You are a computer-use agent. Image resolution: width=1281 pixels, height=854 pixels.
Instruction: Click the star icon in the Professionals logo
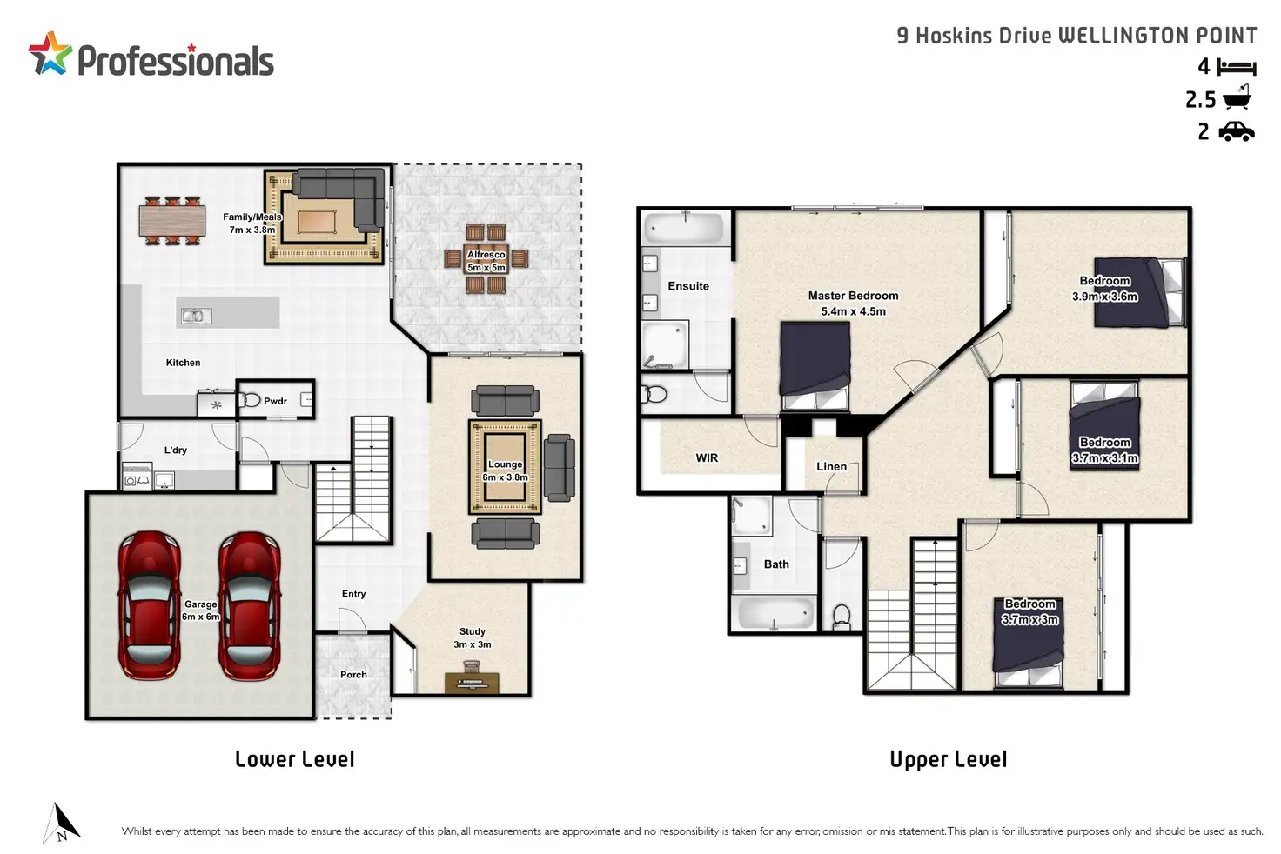click(x=50, y=54)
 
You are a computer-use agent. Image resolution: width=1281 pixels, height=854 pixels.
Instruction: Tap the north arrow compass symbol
click(x=62, y=824)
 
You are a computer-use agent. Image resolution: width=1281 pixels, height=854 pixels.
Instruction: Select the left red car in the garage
click(x=150, y=606)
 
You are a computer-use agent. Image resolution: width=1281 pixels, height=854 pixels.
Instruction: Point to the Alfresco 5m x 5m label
click(x=486, y=261)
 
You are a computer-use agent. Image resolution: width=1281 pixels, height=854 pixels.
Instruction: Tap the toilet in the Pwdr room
click(x=250, y=399)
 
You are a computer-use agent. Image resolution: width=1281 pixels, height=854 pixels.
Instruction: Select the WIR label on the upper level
click(x=707, y=457)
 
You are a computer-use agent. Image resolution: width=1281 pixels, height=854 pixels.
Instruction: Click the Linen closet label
click(x=831, y=466)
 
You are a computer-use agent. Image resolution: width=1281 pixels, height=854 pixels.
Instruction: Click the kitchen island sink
click(x=196, y=316)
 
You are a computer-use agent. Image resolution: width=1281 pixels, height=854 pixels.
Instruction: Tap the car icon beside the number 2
click(x=1237, y=132)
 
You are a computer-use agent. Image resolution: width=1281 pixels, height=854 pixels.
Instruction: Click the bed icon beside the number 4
click(x=1237, y=67)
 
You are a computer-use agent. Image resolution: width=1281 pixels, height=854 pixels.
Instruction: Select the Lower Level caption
click(x=295, y=759)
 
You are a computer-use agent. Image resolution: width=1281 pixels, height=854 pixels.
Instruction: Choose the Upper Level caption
click(x=949, y=759)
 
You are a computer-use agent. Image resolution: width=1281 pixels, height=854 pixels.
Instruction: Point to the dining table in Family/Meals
click(x=172, y=221)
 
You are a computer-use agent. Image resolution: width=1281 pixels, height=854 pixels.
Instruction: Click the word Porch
click(x=353, y=675)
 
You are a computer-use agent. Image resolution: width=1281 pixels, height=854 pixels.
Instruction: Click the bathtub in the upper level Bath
click(x=775, y=613)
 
